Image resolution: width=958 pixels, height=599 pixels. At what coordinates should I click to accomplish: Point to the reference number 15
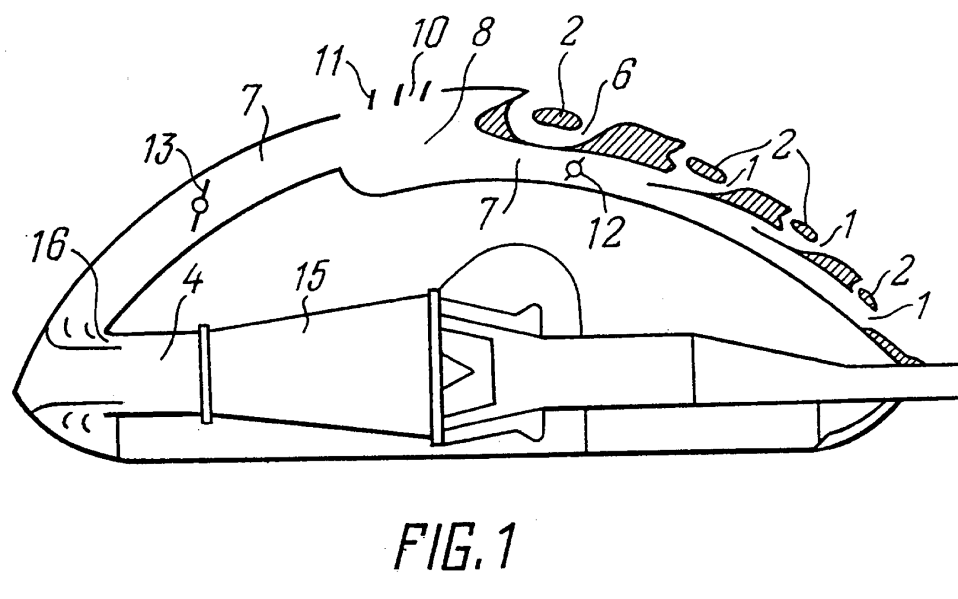311,276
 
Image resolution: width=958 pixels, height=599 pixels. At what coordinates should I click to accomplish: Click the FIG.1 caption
453,547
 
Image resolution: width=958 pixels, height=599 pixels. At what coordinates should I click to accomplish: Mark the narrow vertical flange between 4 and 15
205,373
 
